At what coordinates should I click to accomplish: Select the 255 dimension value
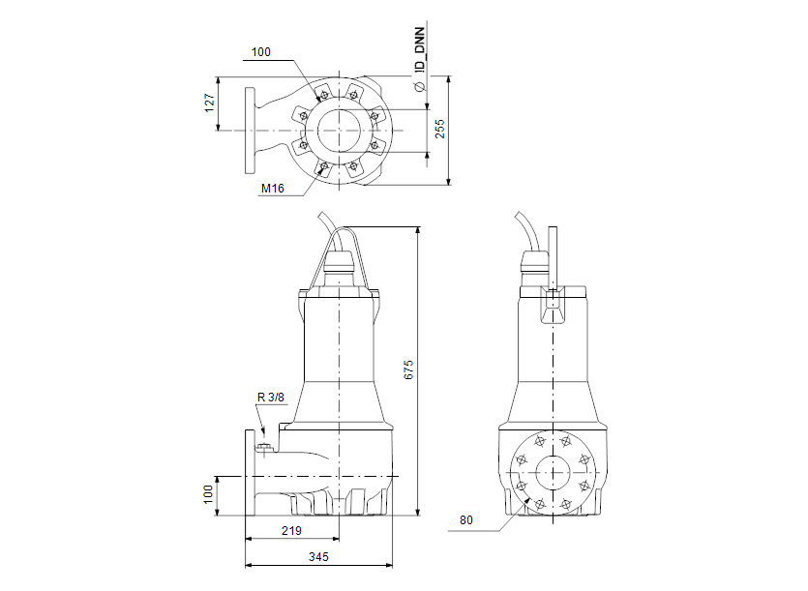click(x=439, y=129)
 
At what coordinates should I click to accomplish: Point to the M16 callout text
click(x=272, y=189)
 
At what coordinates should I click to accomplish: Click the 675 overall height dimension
click(x=408, y=369)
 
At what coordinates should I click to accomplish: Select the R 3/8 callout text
click(x=270, y=397)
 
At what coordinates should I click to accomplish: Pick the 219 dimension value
click(x=292, y=530)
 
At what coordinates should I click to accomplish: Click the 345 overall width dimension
click(x=319, y=557)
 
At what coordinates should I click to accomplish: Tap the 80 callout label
click(x=467, y=520)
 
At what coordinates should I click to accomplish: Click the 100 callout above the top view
click(x=261, y=52)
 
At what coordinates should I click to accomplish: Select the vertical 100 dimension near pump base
click(x=208, y=494)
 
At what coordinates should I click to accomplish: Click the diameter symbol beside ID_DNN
click(x=420, y=87)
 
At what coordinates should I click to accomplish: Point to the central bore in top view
click(x=339, y=129)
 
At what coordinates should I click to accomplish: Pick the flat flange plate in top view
click(x=251, y=129)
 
